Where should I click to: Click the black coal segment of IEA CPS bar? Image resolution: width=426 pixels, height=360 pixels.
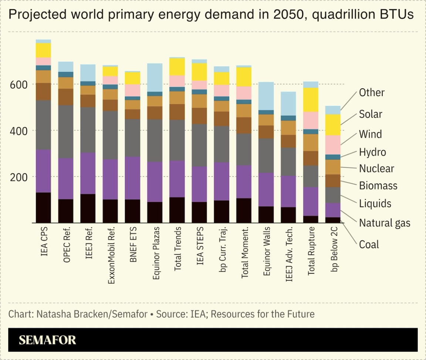pyautogui.click(x=43, y=208)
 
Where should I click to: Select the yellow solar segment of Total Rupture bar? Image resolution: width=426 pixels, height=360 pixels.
pyautogui.click(x=311, y=100)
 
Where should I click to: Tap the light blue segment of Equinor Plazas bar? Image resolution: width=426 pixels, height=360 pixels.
pyautogui.click(x=155, y=78)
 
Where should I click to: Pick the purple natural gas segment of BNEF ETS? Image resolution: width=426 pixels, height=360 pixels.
pyautogui.click(x=132, y=178)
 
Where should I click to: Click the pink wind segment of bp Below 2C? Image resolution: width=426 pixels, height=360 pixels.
pyautogui.click(x=333, y=145)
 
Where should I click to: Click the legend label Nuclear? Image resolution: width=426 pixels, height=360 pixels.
pyautogui.click(x=376, y=169)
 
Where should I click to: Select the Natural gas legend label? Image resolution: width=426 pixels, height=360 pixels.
pyautogui.click(x=385, y=223)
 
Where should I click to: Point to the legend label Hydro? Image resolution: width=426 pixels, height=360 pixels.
pyautogui.click(x=372, y=152)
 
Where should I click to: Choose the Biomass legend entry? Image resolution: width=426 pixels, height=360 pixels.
pyautogui.click(x=378, y=186)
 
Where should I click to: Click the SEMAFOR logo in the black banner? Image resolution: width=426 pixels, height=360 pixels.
pyautogui.click(x=47, y=340)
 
